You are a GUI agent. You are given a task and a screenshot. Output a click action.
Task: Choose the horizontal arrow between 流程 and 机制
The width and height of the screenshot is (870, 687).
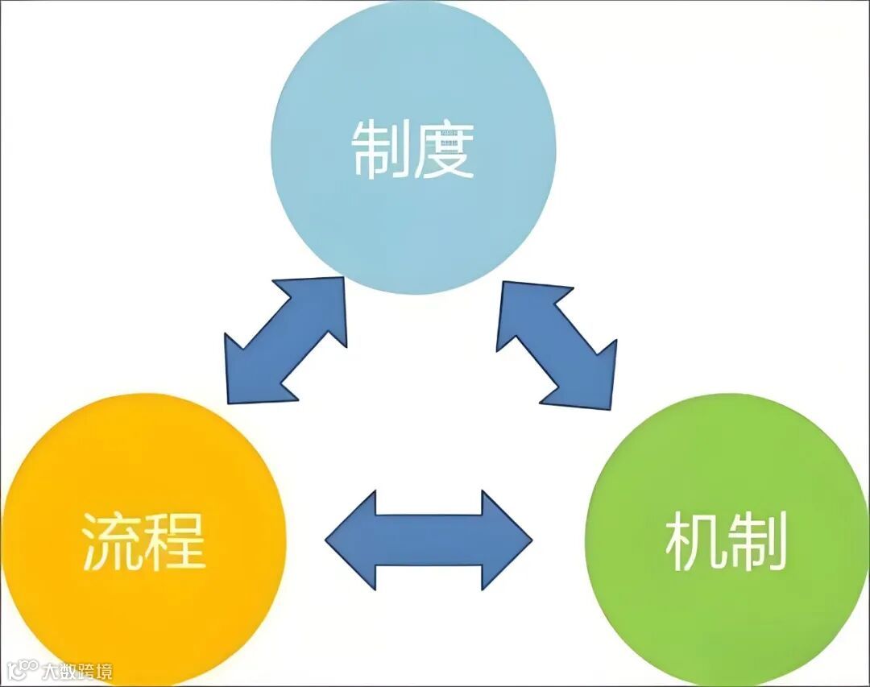(x=429, y=539)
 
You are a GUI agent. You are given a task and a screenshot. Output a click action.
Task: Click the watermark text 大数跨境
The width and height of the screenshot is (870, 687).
(x=77, y=670)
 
